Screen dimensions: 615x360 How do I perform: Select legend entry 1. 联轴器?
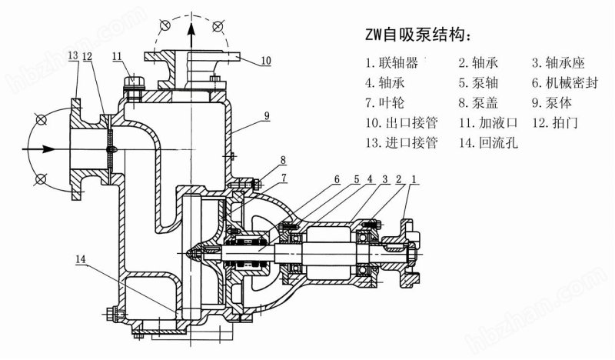(392, 62)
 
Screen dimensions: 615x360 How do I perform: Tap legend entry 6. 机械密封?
(565, 82)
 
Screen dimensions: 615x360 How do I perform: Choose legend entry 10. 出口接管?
(401, 122)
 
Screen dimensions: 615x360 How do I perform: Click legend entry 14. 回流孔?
(488, 142)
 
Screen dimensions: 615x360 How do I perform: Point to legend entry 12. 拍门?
(554, 122)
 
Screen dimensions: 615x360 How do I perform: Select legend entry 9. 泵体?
(552, 102)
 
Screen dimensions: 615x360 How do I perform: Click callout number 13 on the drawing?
(73, 55)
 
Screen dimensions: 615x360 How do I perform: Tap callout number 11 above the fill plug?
(117, 56)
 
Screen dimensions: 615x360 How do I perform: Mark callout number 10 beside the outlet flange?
(265, 61)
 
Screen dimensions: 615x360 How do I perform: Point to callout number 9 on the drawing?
(267, 115)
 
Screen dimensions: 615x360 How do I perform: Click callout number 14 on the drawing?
(81, 259)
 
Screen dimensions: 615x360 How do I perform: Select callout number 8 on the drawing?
(283, 160)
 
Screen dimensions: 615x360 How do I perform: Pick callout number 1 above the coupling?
(413, 179)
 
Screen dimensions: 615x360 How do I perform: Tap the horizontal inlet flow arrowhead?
(48, 149)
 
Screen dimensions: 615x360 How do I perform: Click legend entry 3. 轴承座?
(559, 62)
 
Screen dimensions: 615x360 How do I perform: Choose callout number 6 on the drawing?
(337, 179)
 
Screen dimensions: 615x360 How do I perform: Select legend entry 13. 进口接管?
(401, 142)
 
